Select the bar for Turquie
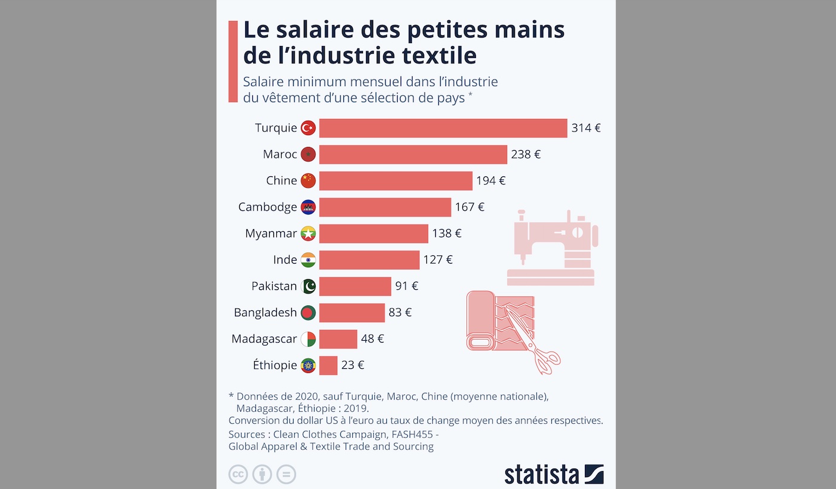[x=443, y=128]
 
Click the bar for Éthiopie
[x=328, y=365]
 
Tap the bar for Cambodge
[x=385, y=207]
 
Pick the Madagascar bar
[x=338, y=339]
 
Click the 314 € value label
[x=586, y=128]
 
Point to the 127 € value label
[x=438, y=259]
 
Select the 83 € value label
[x=400, y=312]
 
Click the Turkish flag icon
[x=308, y=128]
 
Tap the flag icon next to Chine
[x=308, y=181]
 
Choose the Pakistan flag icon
[x=308, y=286]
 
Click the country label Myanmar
[x=271, y=233]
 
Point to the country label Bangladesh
[x=265, y=312]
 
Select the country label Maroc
[x=280, y=154]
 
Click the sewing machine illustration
[x=551, y=247]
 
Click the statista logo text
[x=541, y=475]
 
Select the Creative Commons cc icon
[x=238, y=475]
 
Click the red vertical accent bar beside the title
[x=233, y=61]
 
